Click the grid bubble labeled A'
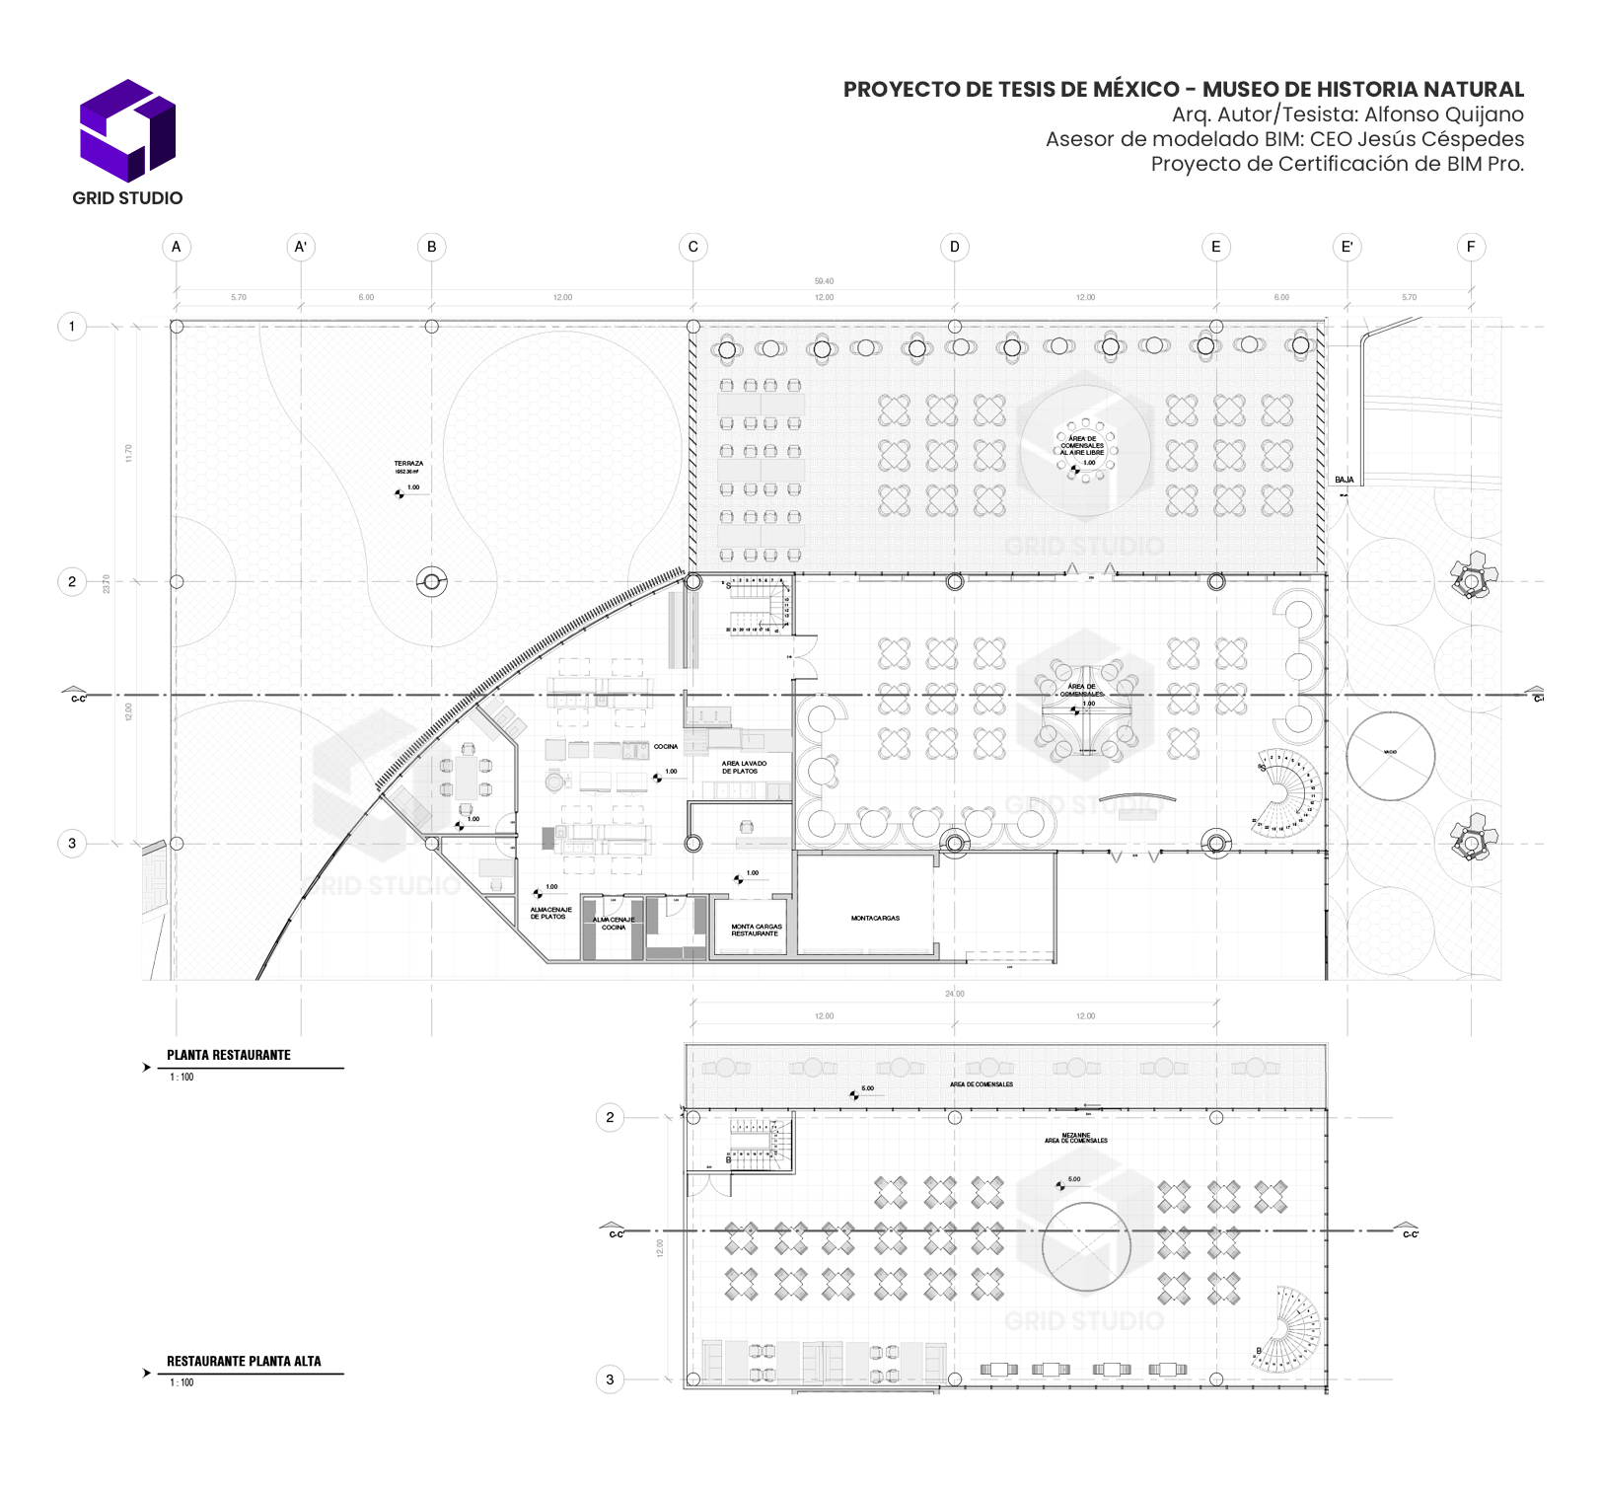coord(301,247)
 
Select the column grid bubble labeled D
coord(954,247)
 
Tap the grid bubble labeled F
coord(1471,247)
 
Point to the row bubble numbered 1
coord(72,327)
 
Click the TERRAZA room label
coord(408,464)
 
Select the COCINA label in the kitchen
coord(666,747)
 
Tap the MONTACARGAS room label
coord(875,919)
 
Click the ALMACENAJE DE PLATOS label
coord(550,914)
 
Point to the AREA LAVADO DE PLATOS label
coord(744,768)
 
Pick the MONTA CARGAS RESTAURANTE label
coord(756,931)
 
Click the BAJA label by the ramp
coord(1345,481)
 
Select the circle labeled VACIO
coord(1390,756)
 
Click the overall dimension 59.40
coord(824,281)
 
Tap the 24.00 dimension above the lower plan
coord(954,994)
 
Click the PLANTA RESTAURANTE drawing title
coord(229,1056)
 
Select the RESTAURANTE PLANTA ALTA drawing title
coord(244,1362)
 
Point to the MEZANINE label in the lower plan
coord(1076,1136)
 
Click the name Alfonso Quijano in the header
coord(1443,114)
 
